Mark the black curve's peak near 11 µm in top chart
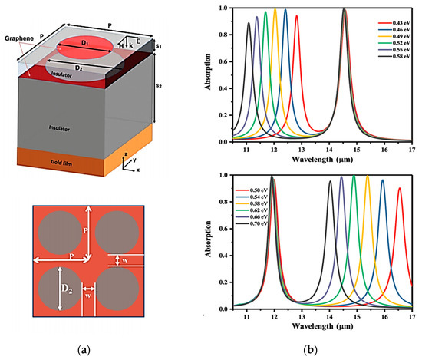[x=249, y=23]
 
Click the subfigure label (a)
[x=87, y=350]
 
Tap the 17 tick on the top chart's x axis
[x=411, y=150]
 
